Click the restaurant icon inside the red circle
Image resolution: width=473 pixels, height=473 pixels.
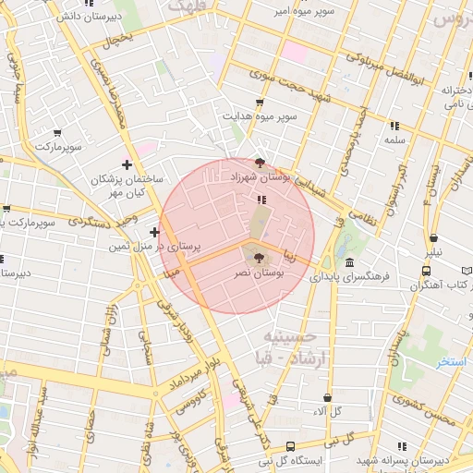[262, 198]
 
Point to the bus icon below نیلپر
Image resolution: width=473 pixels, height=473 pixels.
[426, 271]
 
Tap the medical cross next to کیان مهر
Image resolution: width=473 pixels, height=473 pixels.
[127, 164]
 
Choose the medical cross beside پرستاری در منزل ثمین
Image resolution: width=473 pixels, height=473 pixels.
[154, 231]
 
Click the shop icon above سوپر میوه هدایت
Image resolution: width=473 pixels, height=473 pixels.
[259, 103]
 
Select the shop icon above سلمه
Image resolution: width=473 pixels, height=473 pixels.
[394, 125]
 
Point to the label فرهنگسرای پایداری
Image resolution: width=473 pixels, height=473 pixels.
[350, 275]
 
